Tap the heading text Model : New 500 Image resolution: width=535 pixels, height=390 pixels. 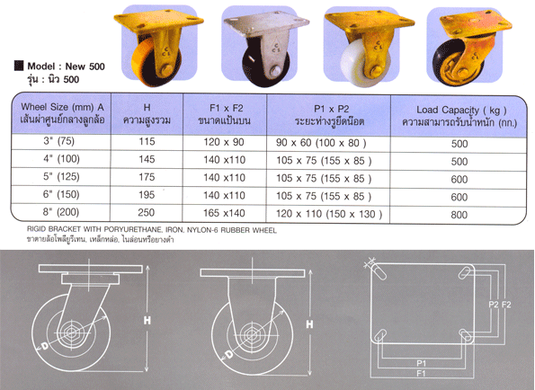pos(62,66)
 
